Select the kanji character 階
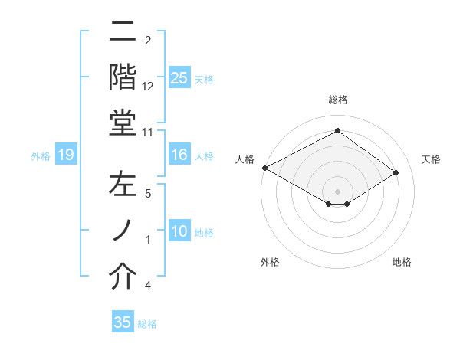[123, 77]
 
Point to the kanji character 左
[123, 185]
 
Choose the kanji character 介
[123, 277]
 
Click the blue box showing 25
[179, 77]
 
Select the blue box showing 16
[179, 155]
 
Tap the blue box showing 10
[179, 232]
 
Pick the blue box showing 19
[66, 155]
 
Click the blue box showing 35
[123, 322]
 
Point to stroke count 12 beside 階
[149, 86]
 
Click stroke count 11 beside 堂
[149, 132]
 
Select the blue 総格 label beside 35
[147, 324]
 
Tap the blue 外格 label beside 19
[41, 156]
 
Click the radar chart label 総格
[337, 100]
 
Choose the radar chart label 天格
[432, 159]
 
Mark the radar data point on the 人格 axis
[264, 168]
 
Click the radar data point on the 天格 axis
[396, 172]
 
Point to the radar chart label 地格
[402, 262]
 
